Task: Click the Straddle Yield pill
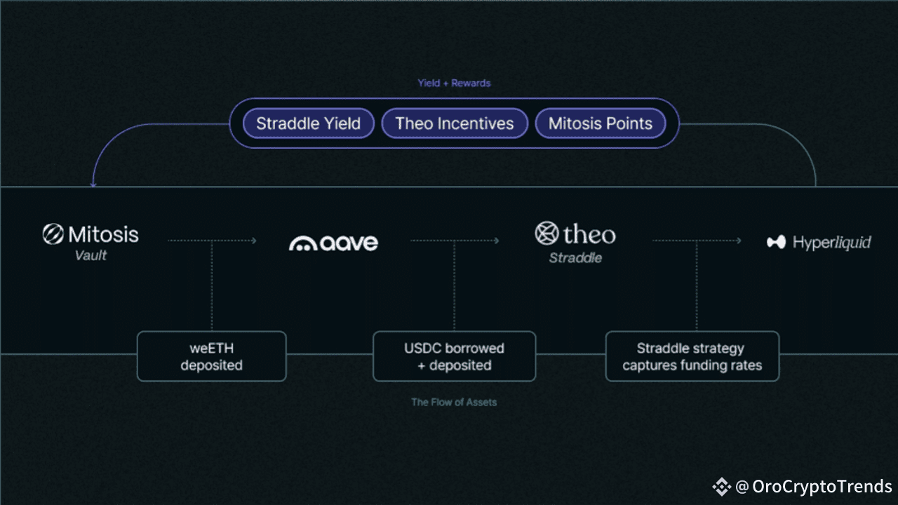(308, 124)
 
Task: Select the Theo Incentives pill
(454, 124)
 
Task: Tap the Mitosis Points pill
(600, 124)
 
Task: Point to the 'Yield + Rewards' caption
(454, 83)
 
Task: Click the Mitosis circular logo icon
(53, 234)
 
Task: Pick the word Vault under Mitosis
(91, 256)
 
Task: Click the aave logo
(333, 243)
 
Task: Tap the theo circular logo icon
(547, 234)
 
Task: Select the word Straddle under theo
(575, 258)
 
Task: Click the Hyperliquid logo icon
(776, 243)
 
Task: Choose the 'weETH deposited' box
(211, 356)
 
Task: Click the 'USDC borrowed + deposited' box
(454, 356)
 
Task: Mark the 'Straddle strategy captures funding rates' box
(692, 356)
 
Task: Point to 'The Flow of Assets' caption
(454, 403)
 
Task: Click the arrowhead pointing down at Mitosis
(93, 184)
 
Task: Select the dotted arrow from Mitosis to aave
(212, 241)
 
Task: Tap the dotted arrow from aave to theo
(455, 241)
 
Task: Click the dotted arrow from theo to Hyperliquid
(697, 241)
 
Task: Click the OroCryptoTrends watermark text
(822, 487)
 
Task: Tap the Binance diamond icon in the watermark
(721, 487)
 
